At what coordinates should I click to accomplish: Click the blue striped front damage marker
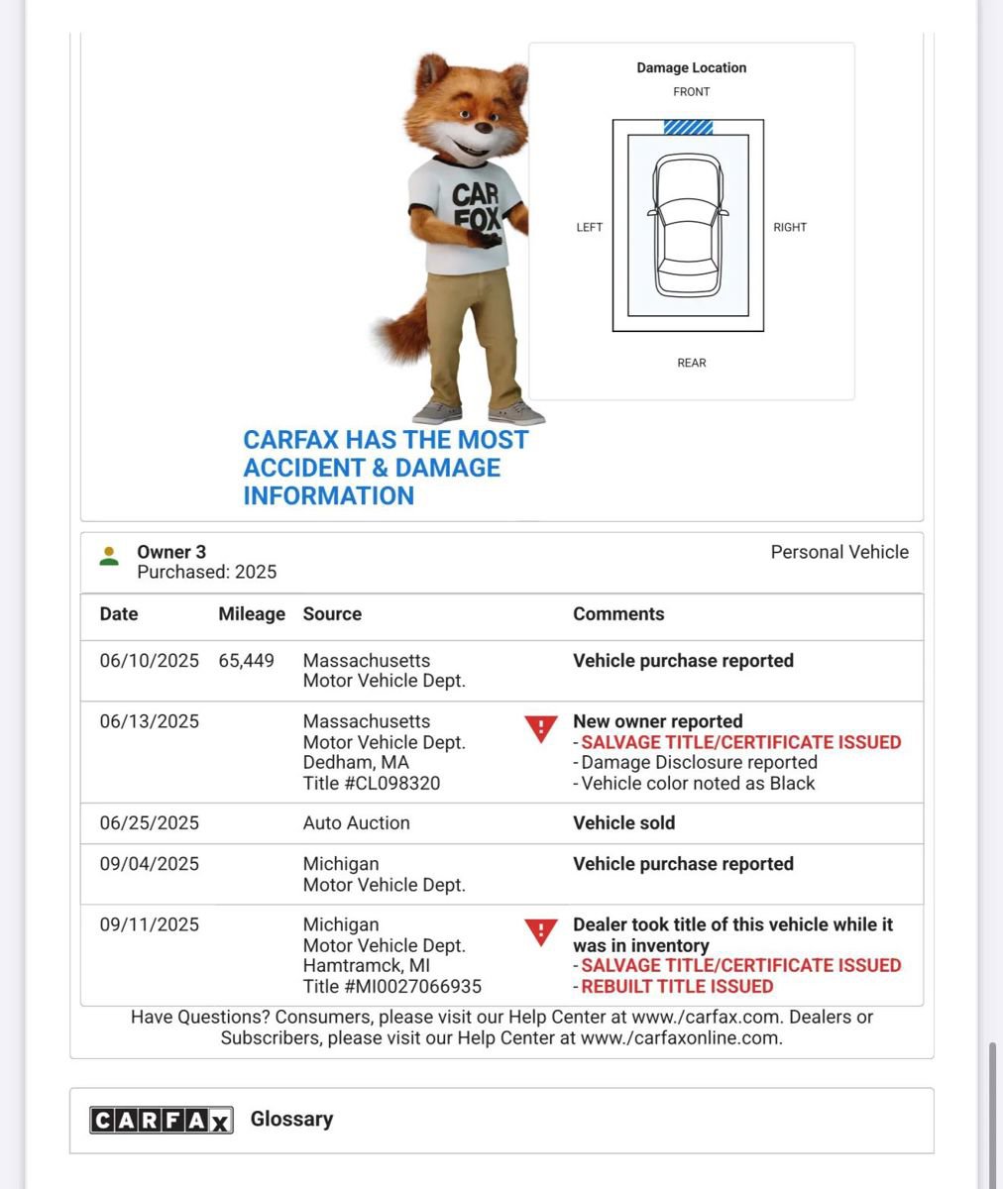pos(688,127)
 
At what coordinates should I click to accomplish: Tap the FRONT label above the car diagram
pos(691,91)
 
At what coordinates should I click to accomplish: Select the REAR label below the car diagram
pos(691,363)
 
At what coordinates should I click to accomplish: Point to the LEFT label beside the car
pos(589,227)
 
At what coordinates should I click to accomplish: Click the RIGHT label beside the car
pos(790,227)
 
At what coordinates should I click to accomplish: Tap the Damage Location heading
pos(691,67)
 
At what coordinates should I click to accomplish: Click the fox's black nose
pos(483,128)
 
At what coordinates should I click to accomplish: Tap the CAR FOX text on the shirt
pos(475,205)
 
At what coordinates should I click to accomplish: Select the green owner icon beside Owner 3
pos(109,556)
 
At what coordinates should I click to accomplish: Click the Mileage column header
pos(251,614)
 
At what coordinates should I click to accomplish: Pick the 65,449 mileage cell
pos(246,661)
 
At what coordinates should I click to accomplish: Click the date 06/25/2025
pos(149,823)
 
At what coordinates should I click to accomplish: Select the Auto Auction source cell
pos(356,823)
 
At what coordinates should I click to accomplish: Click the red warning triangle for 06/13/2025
pos(540,729)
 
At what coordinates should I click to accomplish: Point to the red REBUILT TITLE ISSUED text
pos(677,987)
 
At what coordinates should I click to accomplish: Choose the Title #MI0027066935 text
pos(391,987)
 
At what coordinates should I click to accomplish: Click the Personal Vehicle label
pos(838,552)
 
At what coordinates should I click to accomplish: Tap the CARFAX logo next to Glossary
pos(161,1120)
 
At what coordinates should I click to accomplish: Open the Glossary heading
pos(291,1120)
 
